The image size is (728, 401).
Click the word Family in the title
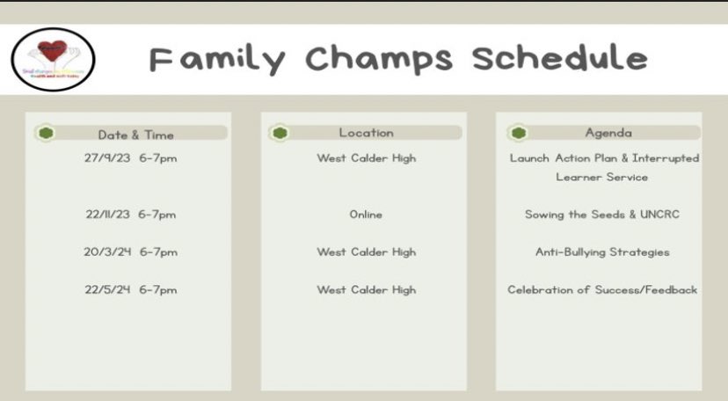[216, 59]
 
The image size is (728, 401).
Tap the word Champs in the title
[380, 59]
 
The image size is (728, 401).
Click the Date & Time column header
[135, 135]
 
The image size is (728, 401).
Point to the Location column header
[367, 133]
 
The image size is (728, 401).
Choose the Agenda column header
[608, 133]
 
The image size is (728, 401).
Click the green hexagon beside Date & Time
[47, 134]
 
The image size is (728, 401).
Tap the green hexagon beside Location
[280, 133]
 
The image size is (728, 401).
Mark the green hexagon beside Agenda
[518, 133]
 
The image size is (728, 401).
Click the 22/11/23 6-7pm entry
[131, 215]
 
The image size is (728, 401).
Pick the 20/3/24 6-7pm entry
[131, 252]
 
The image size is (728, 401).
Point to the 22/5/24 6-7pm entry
[131, 290]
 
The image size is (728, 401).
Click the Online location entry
[366, 215]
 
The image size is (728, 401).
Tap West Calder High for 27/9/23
[366, 158]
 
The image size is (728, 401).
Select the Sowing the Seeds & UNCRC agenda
[602, 215]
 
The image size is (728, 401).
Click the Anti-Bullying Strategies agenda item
[602, 252]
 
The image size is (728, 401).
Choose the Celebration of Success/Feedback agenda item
[602, 290]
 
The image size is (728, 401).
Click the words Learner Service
[602, 177]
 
